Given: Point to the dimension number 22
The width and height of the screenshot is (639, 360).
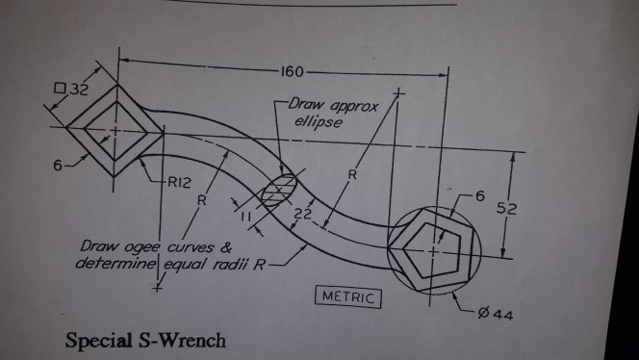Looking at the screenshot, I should click(x=302, y=214).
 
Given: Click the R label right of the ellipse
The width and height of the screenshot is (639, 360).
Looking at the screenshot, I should click(x=351, y=176).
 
